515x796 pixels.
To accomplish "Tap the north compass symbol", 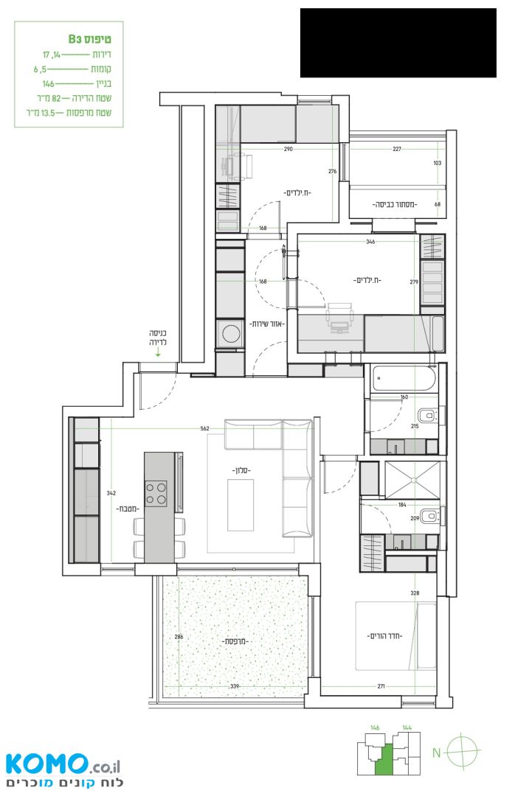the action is tap(461, 750).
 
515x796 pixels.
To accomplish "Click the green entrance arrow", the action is tap(158, 353).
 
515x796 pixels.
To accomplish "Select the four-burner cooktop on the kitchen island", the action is tap(156, 493).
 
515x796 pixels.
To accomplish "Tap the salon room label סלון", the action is tap(242, 470).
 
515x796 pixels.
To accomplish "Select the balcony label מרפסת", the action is tap(235, 641).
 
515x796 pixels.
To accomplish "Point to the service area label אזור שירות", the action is tap(266, 324).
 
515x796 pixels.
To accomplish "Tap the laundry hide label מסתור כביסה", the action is tap(395, 205).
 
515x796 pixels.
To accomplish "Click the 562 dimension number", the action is tap(205, 428).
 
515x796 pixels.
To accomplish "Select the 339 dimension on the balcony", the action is tap(235, 686).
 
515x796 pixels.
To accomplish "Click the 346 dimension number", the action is tap(370, 242).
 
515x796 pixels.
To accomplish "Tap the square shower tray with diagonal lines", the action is tap(414, 480).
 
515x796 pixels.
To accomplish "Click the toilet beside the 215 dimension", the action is tap(431, 416).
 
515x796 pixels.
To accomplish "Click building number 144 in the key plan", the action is tap(407, 727).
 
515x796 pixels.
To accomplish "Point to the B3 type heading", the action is tap(89, 38).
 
